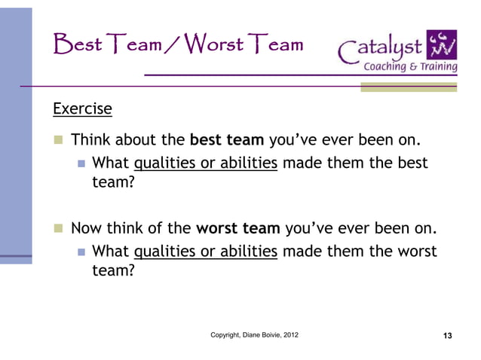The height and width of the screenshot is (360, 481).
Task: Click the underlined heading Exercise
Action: click(x=82, y=110)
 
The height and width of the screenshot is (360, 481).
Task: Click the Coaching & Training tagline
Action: click(x=410, y=66)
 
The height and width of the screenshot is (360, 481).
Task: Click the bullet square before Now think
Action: click(x=57, y=229)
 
